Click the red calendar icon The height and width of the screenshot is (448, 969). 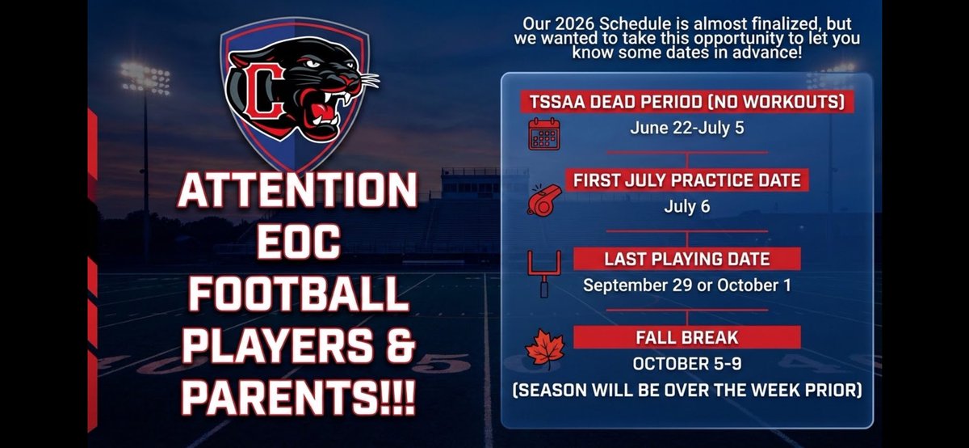[x=543, y=133]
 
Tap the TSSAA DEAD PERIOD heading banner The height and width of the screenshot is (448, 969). [x=686, y=102]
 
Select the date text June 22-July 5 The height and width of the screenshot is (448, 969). [x=686, y=128]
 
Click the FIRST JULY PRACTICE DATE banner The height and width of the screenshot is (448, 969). [x=686, y=180]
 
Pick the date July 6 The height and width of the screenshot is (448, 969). [x=686, y=206]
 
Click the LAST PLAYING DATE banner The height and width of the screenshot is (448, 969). [x=686, y=258]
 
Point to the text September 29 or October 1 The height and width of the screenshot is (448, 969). [x=686, y=285]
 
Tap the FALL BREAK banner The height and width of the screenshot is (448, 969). [x=686, y=336]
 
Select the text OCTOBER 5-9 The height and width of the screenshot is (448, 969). [x=686, y=363]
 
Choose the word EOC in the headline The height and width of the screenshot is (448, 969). [x=297, y=243]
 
